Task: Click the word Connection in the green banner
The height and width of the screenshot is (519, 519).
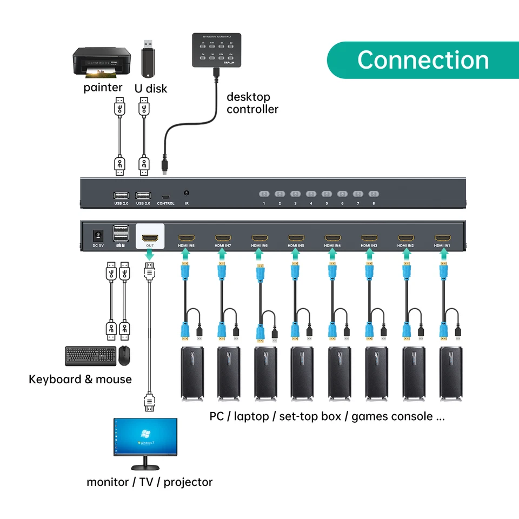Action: click(x=423, y=59)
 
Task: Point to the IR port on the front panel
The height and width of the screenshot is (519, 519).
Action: click(x=187, y=193)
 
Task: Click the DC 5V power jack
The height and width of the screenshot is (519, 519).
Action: click(x=98, y=236)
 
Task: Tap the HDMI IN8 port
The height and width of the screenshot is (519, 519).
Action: click(x=187, y=238)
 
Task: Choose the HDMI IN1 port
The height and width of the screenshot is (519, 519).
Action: click(x=443, y=238)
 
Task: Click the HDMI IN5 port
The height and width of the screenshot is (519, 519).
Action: click(x=296, y=238)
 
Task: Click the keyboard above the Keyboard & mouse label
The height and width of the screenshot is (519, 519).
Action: click(x=90, y=356)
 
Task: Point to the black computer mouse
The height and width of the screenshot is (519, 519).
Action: click(x=125, y=355)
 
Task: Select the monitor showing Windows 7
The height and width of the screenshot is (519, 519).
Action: click(x=145, y=438)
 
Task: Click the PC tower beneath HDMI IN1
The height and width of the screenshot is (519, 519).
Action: click(x=450, y=373)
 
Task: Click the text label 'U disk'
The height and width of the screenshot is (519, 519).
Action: click(x=151, y=88)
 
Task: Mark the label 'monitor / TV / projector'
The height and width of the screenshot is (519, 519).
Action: click(x=150, y=482)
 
